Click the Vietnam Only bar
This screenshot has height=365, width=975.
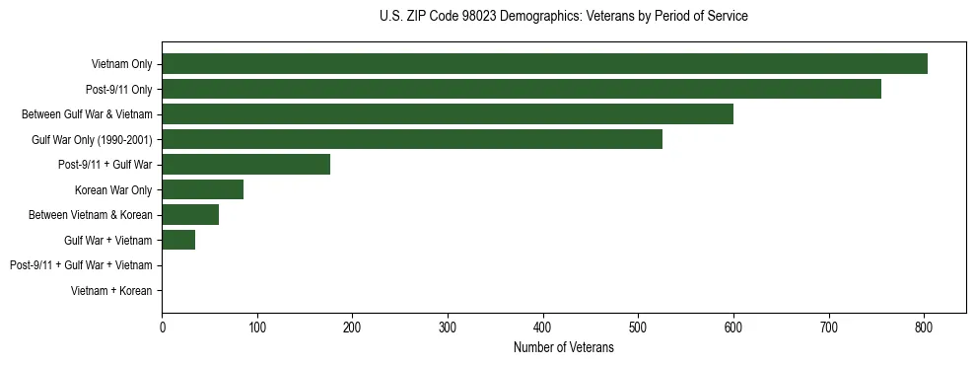tap(544, 64)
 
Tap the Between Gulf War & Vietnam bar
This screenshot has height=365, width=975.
tap(448, 114)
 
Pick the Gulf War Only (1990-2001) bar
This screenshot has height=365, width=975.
tap(412, 139)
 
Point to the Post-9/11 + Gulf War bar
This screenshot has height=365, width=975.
tap(246, 165)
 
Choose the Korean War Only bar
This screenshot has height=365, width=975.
tap(203, 189)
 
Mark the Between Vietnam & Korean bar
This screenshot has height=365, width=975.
tap(190, 215)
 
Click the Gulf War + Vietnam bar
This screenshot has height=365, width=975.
tap(178, 240)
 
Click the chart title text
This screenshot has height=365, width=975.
tap(563, 17)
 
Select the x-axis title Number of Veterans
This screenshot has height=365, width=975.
tap(563, 348)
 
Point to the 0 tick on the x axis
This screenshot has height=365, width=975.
tap(162, 328)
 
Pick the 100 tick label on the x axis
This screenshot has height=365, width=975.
tap(257, 328)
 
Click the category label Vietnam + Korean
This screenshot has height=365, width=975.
tap(111, 291)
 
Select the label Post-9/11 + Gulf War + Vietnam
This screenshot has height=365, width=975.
tap(81, 265)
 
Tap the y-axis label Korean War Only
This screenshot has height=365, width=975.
tap(113, 189)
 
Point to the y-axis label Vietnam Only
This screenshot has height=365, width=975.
tap(121, 64)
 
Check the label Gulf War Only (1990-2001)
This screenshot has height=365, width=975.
tap(92, 139)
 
